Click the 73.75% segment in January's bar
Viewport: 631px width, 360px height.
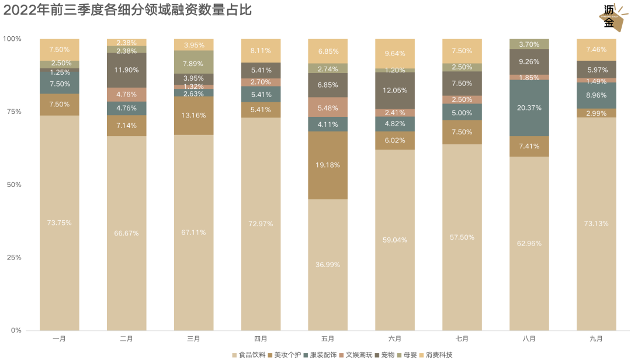tap(60, 223)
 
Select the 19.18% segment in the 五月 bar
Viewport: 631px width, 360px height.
tap(328, 165)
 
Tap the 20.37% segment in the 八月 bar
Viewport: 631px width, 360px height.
tap(529, 108)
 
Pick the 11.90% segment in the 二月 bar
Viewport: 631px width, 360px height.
tap(126, 70)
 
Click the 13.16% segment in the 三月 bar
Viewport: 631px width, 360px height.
tap(193, 116)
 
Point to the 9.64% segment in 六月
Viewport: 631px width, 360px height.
tap(394, 53)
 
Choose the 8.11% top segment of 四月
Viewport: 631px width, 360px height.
tap(261, 50)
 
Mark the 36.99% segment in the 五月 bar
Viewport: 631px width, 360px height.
tap(328, 264)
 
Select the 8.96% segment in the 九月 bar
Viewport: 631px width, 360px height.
tap(596, 95)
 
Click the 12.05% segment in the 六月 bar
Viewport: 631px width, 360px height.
tap(394, 90)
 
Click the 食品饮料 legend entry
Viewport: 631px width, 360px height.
tap(248, 355)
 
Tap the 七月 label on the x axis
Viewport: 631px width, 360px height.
tap(462, 339)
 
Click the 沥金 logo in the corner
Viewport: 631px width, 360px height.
tap(611, 17)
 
